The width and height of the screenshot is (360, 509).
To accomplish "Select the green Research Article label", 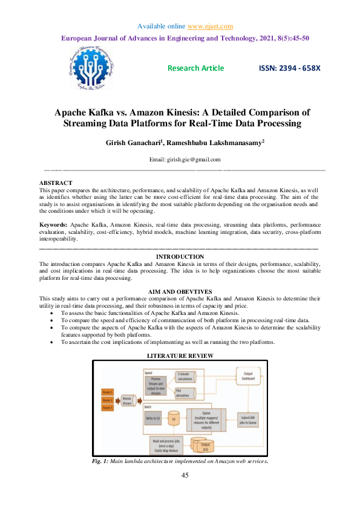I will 195,68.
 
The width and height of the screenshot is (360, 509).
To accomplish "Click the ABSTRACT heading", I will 56,183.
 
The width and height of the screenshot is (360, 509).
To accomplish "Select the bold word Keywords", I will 53,225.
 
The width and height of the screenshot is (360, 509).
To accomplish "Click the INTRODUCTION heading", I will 180,257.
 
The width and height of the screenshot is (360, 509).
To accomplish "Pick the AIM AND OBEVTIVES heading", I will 180,291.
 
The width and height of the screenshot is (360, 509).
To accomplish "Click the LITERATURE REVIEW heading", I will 180,356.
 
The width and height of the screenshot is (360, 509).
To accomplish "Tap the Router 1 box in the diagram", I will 108,391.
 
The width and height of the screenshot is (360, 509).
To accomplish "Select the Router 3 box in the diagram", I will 108,408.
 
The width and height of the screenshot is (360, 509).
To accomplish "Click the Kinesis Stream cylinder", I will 128,400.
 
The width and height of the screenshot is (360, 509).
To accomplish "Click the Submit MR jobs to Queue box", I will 248,420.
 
